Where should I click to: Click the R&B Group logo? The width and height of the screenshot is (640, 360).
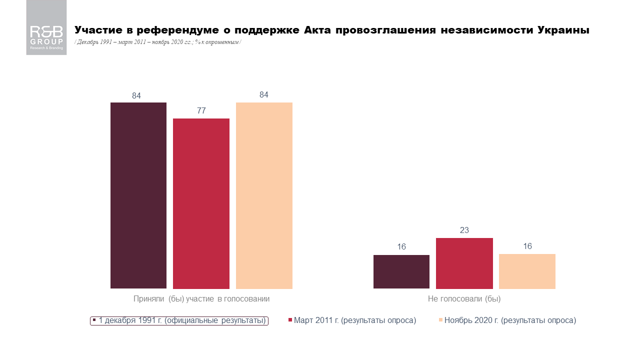click(x=46, y=28)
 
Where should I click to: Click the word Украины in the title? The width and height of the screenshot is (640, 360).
click(x=563, y=30)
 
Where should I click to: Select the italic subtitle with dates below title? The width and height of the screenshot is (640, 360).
click(x=158, y=42)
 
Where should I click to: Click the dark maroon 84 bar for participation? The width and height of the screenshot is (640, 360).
click(x=138, y=195)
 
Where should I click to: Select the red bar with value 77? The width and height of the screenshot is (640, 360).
click(x=201, y=203)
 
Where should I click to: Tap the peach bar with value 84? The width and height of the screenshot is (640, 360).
click(x=264, y=195)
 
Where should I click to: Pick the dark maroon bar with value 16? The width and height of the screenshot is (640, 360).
click(x=401, y=271)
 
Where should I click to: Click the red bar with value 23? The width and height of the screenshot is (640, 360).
click(x=464, y=263)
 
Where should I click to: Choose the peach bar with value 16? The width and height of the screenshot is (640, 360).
click(x=527, y=271)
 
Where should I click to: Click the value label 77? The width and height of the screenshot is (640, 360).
click(x=201, y=111)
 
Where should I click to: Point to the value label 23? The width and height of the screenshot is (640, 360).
click(x=464, y=230)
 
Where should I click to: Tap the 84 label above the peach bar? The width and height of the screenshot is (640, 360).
click(x=264, y=95)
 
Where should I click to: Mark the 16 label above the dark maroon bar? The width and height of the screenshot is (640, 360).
click(x=401, y=247)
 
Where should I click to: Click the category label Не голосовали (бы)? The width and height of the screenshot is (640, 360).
click(x=464, y=299)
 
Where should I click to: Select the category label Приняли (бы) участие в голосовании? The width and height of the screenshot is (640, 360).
click(x=201, y=299)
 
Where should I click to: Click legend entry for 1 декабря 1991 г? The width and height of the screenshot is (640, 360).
click(x=179, y=320)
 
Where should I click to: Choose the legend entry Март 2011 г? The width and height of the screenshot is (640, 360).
click(x=352, y=320)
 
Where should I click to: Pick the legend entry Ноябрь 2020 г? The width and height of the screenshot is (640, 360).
click(x=507, y=320)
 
